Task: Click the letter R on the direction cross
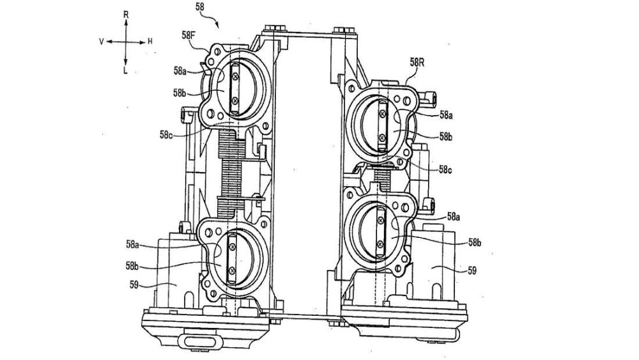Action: pos(126,15)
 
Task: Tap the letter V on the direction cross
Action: pos(102,42)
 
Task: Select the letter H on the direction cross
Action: pos(150,41)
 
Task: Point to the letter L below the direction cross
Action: pos(125,70)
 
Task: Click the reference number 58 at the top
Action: pos(200,7)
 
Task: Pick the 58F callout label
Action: pos(189,35)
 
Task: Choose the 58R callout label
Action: pos(417,63)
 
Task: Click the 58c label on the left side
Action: pos(166,134)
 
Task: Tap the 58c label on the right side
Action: pos(445,169)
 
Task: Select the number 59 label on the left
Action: pos(134,285)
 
